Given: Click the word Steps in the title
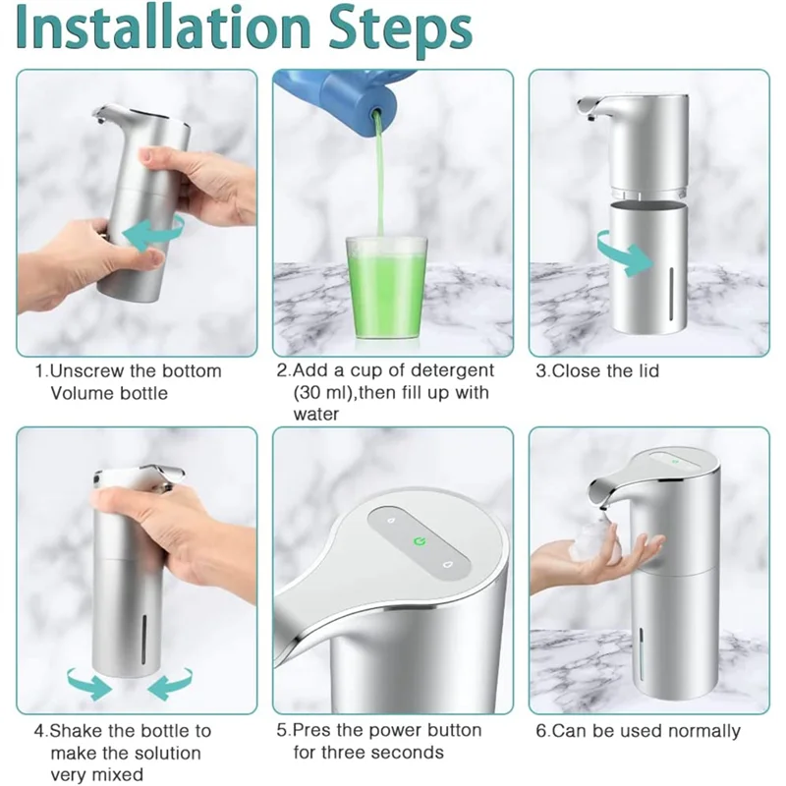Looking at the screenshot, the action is [401, 31].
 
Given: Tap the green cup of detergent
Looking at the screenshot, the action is [386, 289].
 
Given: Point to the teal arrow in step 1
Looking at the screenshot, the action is [152, 231].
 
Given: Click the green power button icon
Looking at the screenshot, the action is [420, 541].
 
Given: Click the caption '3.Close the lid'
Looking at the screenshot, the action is [597, 371].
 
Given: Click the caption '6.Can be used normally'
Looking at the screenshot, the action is [638, 731].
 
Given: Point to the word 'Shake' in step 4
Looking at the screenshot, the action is [77, 731].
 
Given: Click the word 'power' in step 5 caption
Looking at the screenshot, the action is [396, 731].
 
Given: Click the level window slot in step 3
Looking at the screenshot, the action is [671, 293].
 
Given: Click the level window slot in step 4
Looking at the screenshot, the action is [143, 640].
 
